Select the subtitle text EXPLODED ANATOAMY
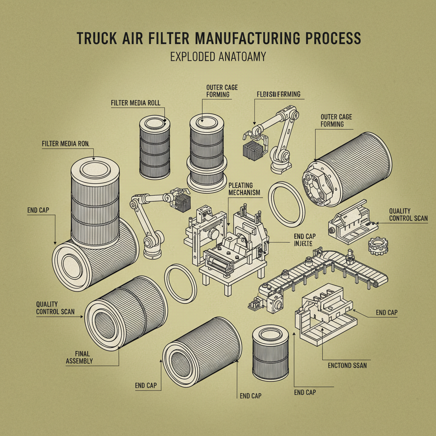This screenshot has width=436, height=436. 218,57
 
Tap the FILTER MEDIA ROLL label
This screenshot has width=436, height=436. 138,103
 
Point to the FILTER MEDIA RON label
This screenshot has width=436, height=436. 65,144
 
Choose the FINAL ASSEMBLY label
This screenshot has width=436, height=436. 80,357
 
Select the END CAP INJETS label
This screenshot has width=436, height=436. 304,240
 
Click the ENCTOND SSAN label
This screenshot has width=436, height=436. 347,365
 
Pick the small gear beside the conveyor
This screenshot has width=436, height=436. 378,247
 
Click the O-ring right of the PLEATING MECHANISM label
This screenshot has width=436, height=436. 288,204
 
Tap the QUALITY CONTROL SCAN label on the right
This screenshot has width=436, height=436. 408,215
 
